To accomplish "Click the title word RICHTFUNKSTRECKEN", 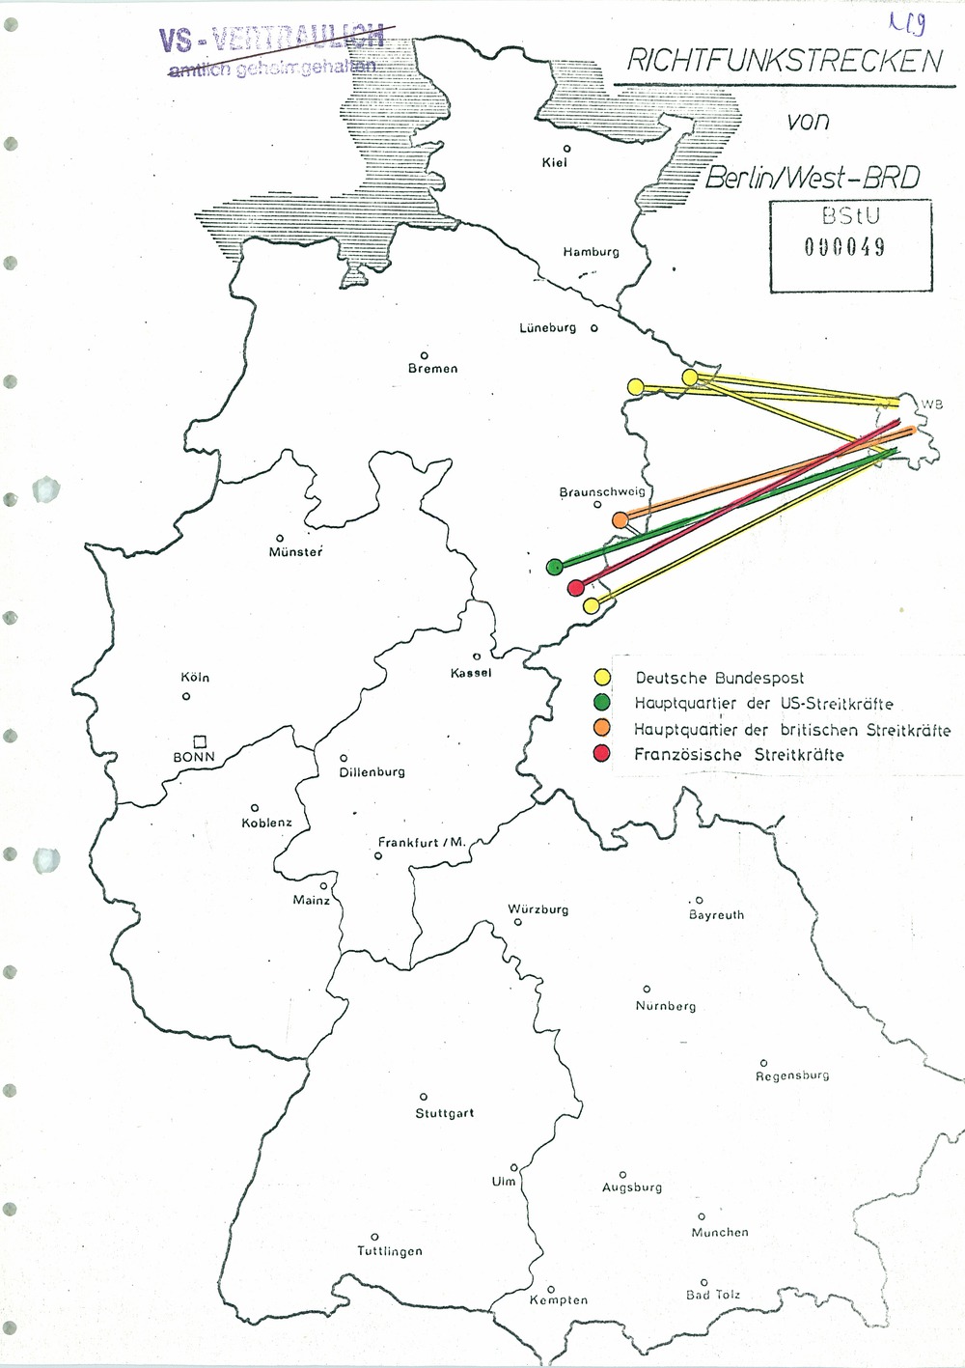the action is point(784,62).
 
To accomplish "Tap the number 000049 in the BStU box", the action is point(845,246).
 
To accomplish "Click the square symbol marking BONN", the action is point(200,741).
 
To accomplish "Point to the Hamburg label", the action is point(591,252).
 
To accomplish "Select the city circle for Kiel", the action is point(567,148).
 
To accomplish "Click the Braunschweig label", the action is point(602,492).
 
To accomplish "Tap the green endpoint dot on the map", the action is point(554,567).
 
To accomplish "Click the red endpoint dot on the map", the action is point(576,587).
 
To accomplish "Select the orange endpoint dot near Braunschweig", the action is point(620,520).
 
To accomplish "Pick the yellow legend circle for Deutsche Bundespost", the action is point(601,678).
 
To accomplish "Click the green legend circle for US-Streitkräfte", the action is point(601,703).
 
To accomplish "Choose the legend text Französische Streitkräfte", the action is point(738,755).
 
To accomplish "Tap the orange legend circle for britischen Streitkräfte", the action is point(601,729).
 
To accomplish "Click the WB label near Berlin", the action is point(931,405).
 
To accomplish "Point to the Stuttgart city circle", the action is point(423,1097).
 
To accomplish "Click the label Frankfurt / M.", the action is point(422,843).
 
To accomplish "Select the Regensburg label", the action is point(792,1075).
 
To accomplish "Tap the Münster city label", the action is point(295,552).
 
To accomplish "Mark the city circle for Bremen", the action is point(424,355).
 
